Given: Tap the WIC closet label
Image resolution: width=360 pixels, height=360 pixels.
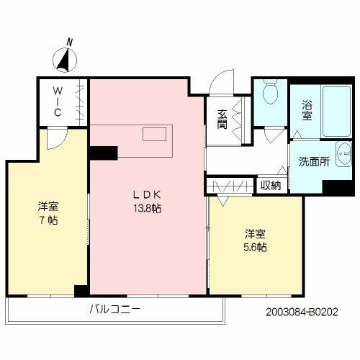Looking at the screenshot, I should tap(57, 103).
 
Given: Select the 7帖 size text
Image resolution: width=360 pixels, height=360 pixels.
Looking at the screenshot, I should tap(48, 220).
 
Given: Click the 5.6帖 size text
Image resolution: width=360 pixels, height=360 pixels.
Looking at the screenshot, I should tap(256, 247).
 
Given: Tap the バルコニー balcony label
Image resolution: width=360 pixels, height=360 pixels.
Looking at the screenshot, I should tap(114, 310).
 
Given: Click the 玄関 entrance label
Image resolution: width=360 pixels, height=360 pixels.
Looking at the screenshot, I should tap(222, 118).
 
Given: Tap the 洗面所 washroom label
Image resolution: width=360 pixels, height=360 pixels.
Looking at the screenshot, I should tap(314, 162).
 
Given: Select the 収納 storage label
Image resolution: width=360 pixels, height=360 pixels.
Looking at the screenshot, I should tap(270, 185).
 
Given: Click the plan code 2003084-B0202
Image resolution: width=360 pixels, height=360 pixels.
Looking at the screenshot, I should tap(301, 312).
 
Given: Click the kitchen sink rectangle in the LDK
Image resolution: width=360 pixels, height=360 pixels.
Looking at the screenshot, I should tap(153, 134).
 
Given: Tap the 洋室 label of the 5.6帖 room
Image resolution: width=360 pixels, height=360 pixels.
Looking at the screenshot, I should tap(256, 233).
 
